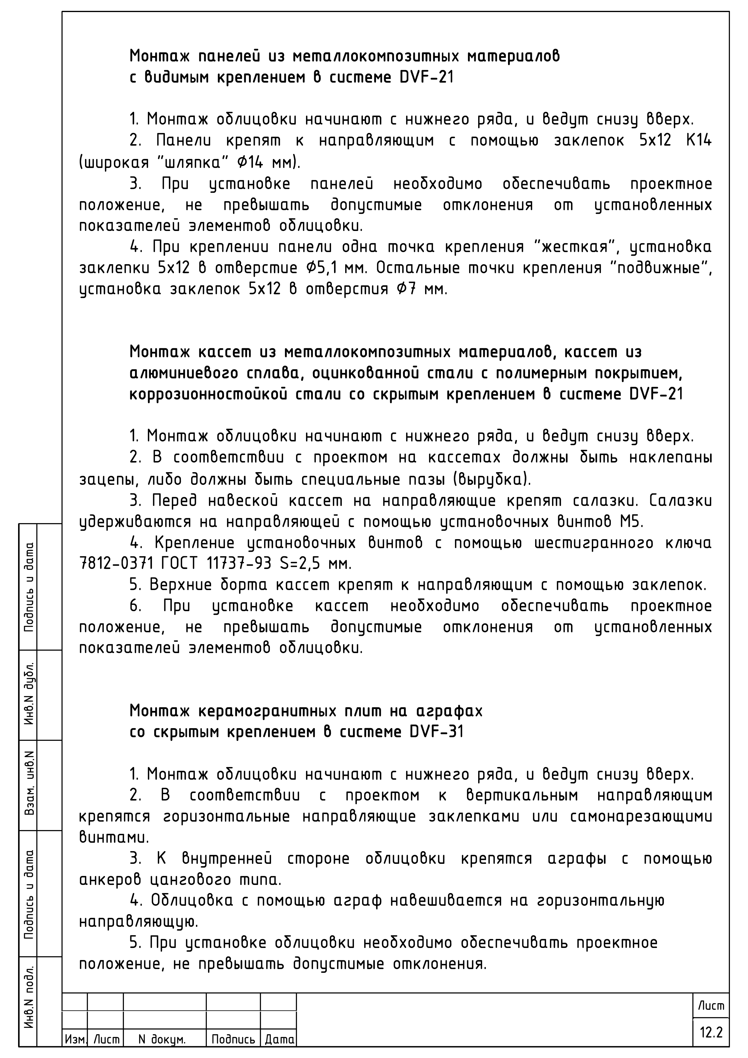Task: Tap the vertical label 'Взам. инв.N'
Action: (30, 785)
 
